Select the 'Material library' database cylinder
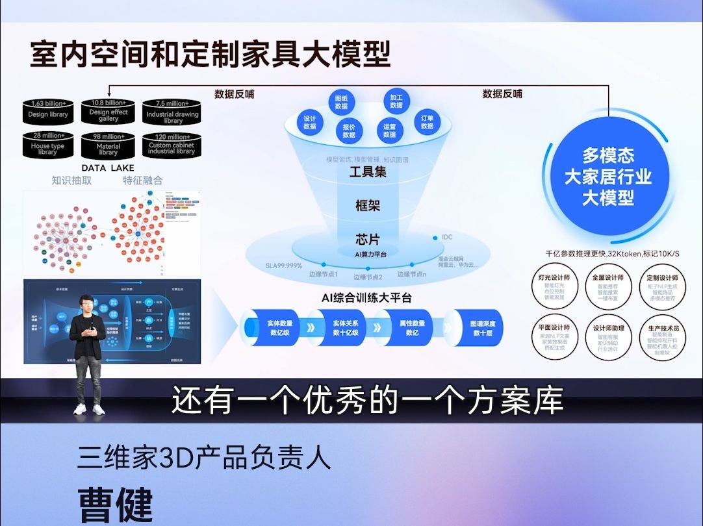[109, 146]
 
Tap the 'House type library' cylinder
[48, 146]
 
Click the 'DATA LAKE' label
[108, 168]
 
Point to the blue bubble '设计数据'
[310, 122]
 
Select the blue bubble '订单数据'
[427, 122]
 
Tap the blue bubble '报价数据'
[349, 131]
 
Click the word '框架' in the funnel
[368, 206]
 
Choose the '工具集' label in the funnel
[368, 173]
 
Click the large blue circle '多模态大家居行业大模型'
[607, 177]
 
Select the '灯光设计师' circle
[554, 286]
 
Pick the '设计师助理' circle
[608, 337]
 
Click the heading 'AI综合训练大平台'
[368, 297]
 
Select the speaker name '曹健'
[116, 504]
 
